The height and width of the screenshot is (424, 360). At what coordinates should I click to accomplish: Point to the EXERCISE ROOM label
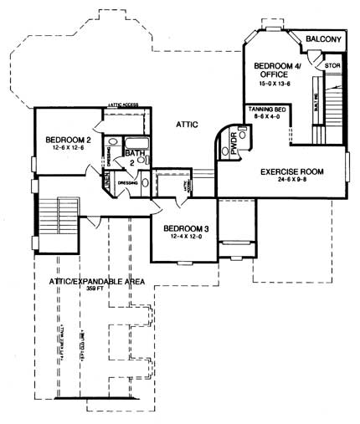point(291,171)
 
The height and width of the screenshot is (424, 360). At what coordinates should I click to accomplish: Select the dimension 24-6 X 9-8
point(291,181)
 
